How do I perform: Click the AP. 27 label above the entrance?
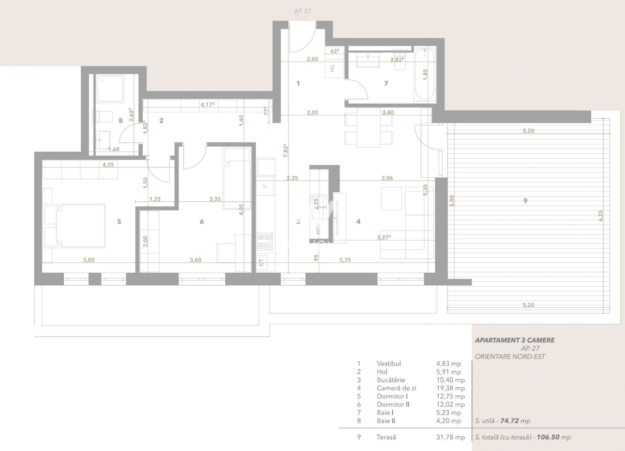[302, 11]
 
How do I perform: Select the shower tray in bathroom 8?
[110, 89]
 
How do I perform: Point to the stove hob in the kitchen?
[264, 241]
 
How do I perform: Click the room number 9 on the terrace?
[525, 201]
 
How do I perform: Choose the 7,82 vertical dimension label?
[285, 151]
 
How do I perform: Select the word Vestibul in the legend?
[389, 364]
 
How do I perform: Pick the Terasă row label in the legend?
[386, 437]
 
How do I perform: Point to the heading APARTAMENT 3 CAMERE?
[515, 340]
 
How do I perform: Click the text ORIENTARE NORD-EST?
[510, 357]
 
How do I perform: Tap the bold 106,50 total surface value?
[549, 437]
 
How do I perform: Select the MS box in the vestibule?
[333, 68]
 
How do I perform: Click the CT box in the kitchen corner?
[262, 262]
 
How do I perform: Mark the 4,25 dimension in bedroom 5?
[108, 165]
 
